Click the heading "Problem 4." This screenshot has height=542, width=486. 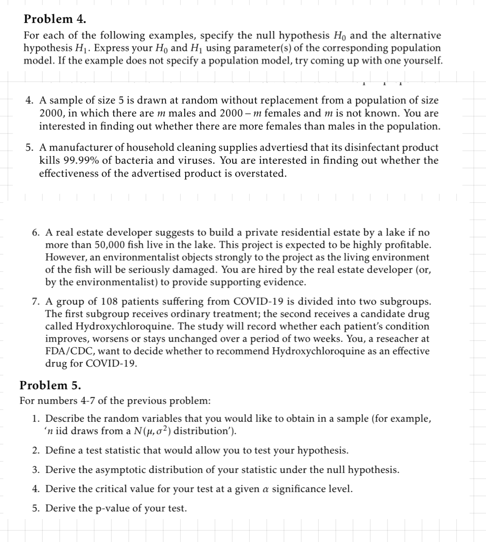(x=55, y=19)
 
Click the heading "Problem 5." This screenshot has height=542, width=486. (x=50, y=385)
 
